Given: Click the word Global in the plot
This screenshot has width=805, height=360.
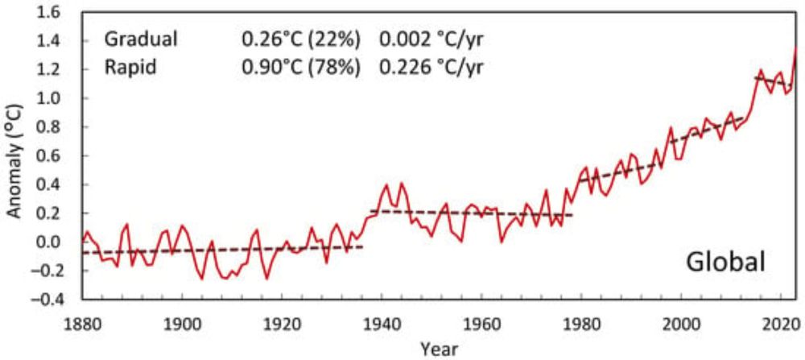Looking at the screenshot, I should coord(724,263).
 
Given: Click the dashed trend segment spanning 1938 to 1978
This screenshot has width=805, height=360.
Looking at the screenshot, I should coord(471,213).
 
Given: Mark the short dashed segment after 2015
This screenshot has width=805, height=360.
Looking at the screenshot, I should coord(773,81).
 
